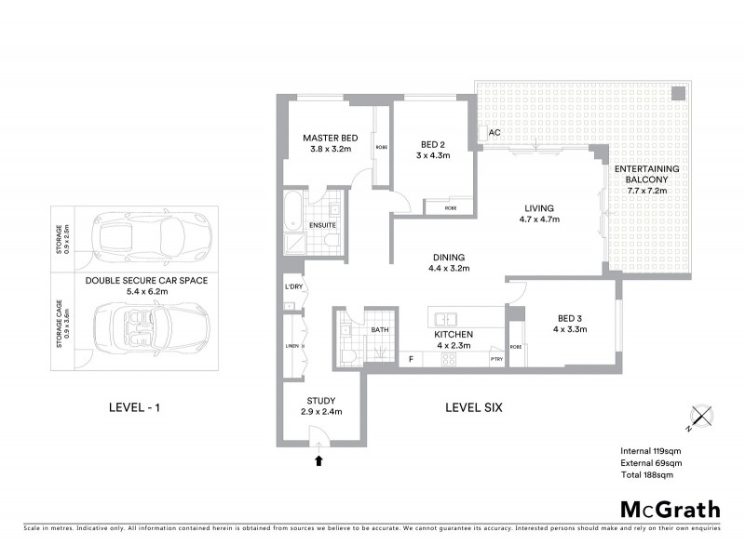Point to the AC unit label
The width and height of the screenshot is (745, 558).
coord(494,132)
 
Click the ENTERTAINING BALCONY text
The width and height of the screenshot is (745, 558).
coord(646,174)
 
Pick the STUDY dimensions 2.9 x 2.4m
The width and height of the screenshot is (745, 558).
coord(320,411)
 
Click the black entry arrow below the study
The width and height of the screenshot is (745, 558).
coord(319,458)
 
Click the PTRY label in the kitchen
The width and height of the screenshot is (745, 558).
coord(496,358)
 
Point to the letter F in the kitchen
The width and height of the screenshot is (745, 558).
coord(411,358)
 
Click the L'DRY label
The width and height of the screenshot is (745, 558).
coord(292,286)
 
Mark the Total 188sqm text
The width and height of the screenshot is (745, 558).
coord(646,474)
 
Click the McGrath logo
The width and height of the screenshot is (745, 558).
coord(669,509)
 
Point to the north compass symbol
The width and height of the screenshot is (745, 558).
coord(701,418)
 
